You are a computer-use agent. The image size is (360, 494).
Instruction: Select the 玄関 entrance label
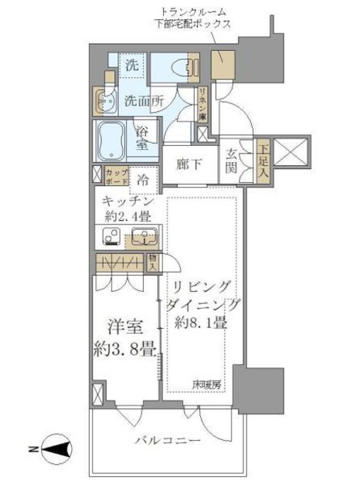[x=231, y=161]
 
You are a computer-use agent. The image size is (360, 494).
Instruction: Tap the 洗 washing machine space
[x=132, y=66]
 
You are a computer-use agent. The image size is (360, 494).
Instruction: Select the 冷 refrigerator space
[x=144, y=180]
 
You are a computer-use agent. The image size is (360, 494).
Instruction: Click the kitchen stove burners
[x=107, y=238]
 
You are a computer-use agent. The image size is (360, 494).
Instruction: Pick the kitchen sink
[x=144, y=237]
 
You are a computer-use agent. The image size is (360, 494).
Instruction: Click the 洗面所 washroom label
[x=145, y=100]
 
